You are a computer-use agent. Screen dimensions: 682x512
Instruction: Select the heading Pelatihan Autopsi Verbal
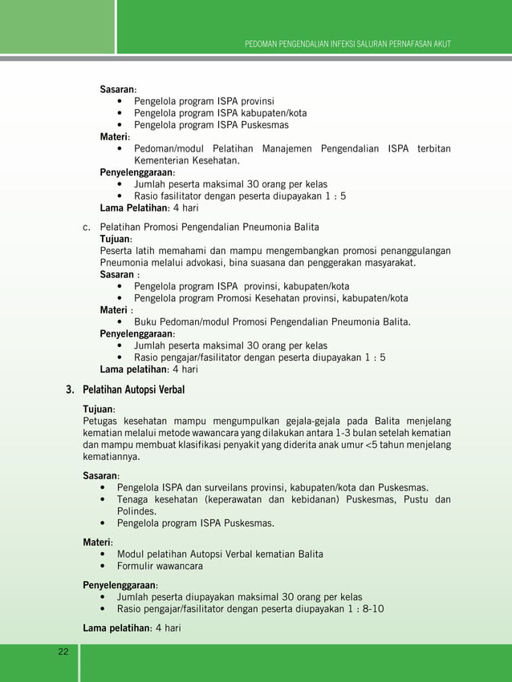pyautogui.click(x=134, y=390)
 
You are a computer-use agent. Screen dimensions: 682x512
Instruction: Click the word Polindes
pyautogui.click(x=138, y=511)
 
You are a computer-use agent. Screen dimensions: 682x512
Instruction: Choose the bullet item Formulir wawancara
pyautogui.click(x=160, y=566)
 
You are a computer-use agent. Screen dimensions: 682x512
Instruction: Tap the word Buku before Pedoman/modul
pyautogui.click(x=147, y=322)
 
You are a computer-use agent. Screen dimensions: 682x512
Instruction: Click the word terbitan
pyautogui.click(x=433, y=149)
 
